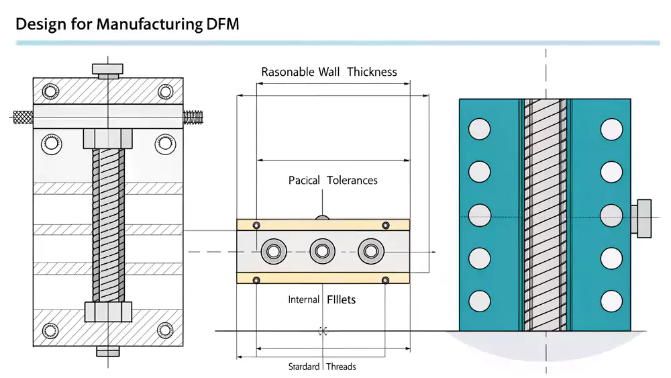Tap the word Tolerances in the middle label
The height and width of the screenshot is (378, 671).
(352, 180)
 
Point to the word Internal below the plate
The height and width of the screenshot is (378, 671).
(304, 299)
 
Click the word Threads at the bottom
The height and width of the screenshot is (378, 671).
(342, 367)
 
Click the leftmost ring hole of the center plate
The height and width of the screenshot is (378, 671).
(274, 252)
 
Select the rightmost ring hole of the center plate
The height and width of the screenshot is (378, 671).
(369, 252)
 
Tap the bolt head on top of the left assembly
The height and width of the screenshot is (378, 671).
(108, 70)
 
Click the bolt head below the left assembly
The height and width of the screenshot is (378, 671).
(108, 350)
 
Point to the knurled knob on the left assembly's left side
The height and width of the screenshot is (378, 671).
(23, 117)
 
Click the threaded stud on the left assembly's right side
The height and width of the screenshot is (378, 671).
(194, 117)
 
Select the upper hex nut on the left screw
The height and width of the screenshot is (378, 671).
(108, 139)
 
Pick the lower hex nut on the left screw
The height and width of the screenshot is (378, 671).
(108, 312)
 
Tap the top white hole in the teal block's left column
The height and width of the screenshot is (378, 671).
(480, 130)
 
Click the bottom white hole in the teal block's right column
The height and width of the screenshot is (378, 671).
(611, 300)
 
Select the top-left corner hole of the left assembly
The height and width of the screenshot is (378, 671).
(51, 92)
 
